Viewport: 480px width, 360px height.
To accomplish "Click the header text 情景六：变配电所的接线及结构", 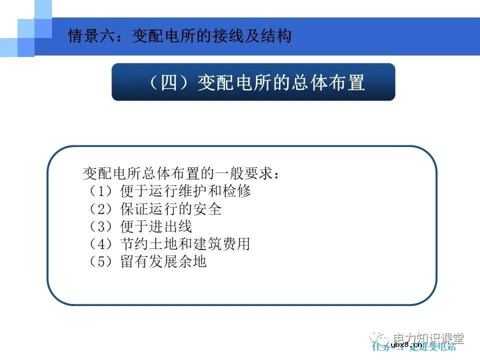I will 179,36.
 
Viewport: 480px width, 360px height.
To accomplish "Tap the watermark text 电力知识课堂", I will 428,338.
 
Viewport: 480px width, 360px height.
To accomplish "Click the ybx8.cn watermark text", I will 406,345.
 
